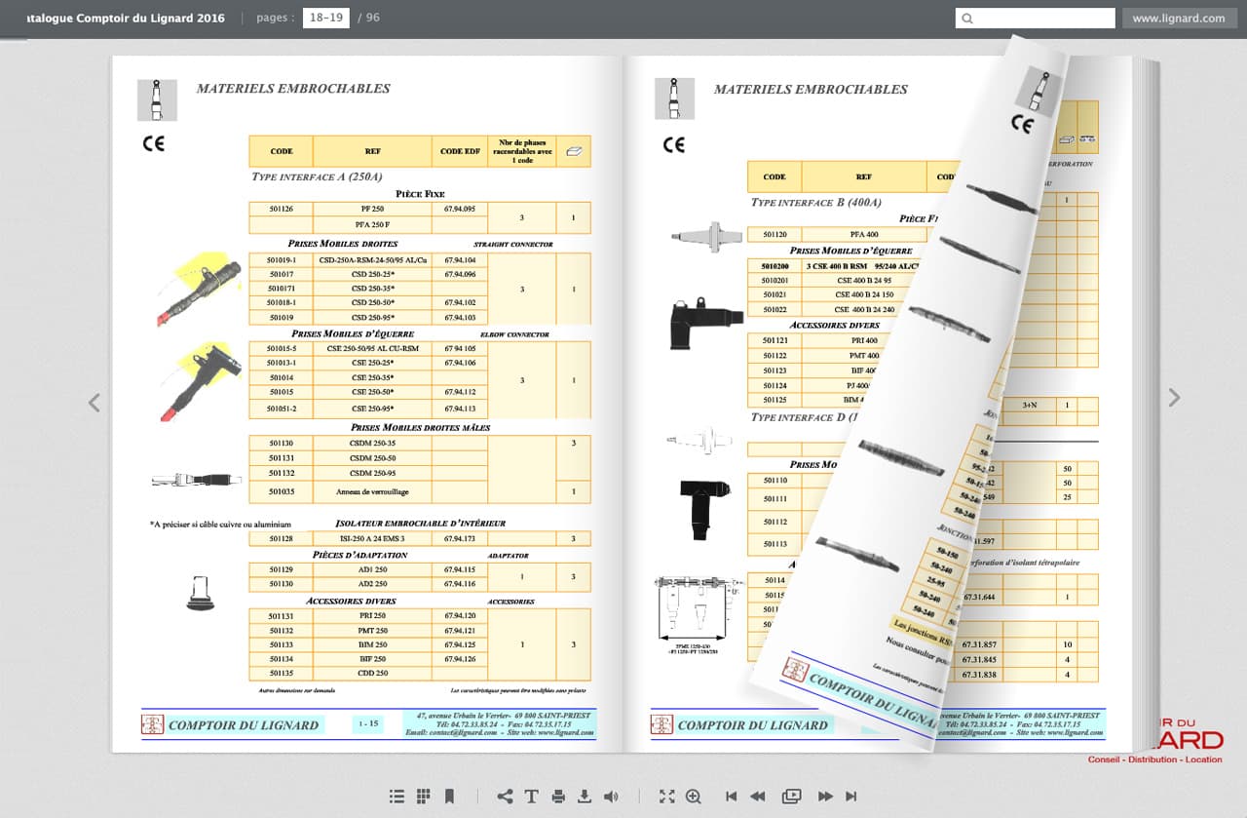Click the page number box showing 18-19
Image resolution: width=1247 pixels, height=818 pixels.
tap(325, 18)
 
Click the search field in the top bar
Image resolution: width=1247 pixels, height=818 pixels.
tap(1035, 18)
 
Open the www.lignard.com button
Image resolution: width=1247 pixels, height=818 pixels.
tap(1179, 18)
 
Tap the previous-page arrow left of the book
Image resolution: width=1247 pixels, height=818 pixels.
tap(94, 403)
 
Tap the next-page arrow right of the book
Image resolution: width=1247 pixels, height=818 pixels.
tap(1174, 397)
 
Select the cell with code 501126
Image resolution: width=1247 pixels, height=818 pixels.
tap(281, 210)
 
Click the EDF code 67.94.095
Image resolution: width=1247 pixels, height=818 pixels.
tap(459, 210)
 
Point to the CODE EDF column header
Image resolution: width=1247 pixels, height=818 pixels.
tap(459, 151)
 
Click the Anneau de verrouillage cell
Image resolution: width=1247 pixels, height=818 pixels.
tap(372, 492)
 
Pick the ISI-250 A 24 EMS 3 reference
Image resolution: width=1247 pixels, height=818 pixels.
tap(372, 539)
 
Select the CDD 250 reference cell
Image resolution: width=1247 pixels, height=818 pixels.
tap(372, 674)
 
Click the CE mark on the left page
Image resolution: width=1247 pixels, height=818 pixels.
tap(154, 143)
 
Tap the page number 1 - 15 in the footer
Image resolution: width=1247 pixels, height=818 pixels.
tap(369, 724)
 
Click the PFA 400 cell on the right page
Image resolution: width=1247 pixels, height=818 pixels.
tap(863, 235)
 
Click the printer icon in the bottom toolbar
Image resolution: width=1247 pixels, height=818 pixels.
tap(558, 797)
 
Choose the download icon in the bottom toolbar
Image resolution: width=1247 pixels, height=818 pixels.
tap(585, 797)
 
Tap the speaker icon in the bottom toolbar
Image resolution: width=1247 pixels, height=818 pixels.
tap(611, 797)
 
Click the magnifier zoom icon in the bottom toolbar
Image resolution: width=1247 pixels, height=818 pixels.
tap(694, 797)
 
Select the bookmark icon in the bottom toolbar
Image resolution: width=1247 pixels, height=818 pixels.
tap(449, 797)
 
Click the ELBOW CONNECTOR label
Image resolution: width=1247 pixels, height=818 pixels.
tap(514, 334)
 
